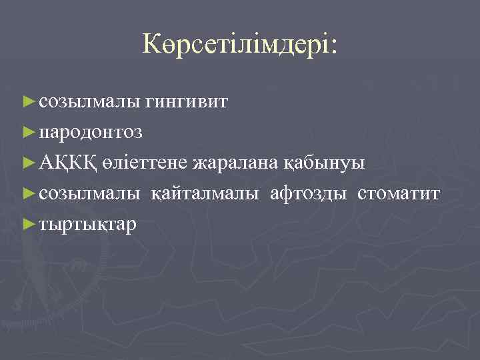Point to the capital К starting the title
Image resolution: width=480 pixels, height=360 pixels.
151,44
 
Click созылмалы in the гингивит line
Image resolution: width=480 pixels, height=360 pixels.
89,102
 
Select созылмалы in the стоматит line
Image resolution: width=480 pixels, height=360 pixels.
89,194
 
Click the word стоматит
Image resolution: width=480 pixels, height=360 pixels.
399,194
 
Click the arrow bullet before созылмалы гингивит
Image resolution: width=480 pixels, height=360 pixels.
29,101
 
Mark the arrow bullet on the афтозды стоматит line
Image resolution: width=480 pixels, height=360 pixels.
29,193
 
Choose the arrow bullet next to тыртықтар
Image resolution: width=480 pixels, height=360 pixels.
29,224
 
